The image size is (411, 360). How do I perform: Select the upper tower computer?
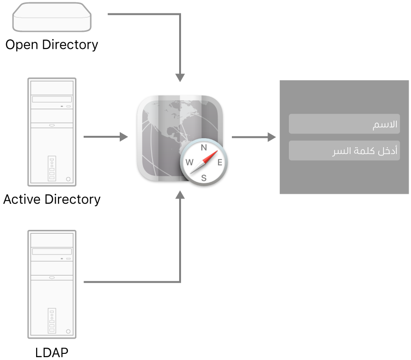pos(52,132)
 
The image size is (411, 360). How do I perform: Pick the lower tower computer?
pos(52,284)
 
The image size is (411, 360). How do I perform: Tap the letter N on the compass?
pos(204,148)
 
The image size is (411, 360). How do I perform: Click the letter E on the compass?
pos(220,162)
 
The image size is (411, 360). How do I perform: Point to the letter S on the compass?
pos(204,178)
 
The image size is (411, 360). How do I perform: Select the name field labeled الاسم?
pos(344,124)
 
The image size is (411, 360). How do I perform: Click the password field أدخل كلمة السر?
pos(344,151)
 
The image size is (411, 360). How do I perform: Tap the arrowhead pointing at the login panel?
pos(272,137)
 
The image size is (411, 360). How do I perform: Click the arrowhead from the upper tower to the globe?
pos(124,137)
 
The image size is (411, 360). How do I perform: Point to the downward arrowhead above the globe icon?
pos(180,77)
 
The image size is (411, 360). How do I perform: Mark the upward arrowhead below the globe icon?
pos(180,195)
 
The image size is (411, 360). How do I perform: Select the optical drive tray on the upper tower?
pos(52,100)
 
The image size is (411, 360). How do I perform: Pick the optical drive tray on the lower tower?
pos(52,252)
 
